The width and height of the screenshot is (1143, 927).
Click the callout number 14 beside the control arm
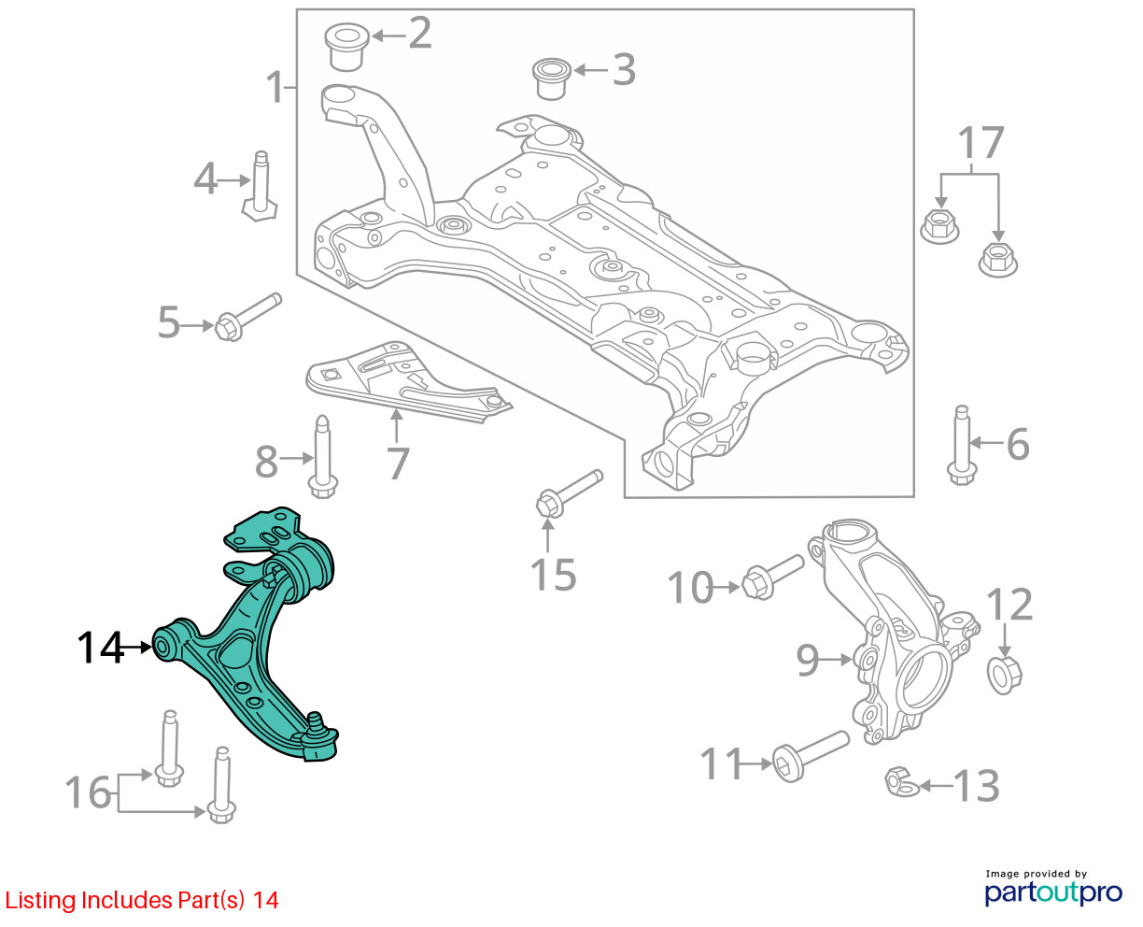point(100,648)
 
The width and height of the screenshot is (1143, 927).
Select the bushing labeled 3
point(551,78)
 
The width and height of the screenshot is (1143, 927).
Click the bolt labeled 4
point(261,186)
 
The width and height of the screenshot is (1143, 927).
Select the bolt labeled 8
point(322,458)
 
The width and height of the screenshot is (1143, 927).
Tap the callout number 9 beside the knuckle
point(808,660)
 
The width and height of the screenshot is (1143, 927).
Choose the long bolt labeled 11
point(808,752)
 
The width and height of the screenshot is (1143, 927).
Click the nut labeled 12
point(1005,671)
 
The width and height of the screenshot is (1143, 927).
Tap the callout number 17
point(981,144)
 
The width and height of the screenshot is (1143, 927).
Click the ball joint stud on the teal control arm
point(317,721)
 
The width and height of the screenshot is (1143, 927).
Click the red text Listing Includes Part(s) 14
point(142,900)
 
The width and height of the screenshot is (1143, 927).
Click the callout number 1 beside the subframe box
point(274,88)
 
